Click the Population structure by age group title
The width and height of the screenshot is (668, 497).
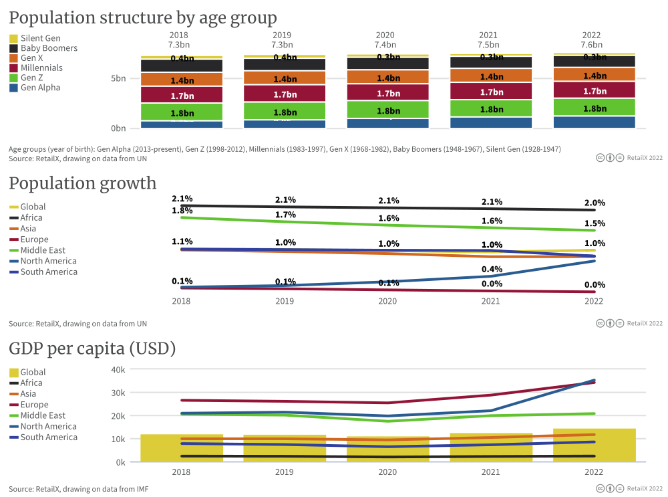click(142, 17)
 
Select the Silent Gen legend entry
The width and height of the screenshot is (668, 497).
click(40, 38)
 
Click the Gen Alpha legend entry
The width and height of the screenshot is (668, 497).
click(40, 88)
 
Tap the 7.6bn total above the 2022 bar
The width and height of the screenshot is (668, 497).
click(591, 45)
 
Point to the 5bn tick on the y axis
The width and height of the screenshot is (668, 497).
click(118, 78)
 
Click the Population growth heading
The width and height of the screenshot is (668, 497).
click(82, 183)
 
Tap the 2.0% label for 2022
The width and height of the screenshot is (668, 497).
click(595, 203)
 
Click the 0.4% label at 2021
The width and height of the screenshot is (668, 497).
click(492, 269)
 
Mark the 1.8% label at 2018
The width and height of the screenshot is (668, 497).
click(182, 211)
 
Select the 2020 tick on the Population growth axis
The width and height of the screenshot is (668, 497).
click(387, 301)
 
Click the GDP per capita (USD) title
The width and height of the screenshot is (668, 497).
click(92, 349)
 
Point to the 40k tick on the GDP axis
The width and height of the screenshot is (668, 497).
click(118, 369)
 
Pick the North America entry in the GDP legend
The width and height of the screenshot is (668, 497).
click(48, 426)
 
